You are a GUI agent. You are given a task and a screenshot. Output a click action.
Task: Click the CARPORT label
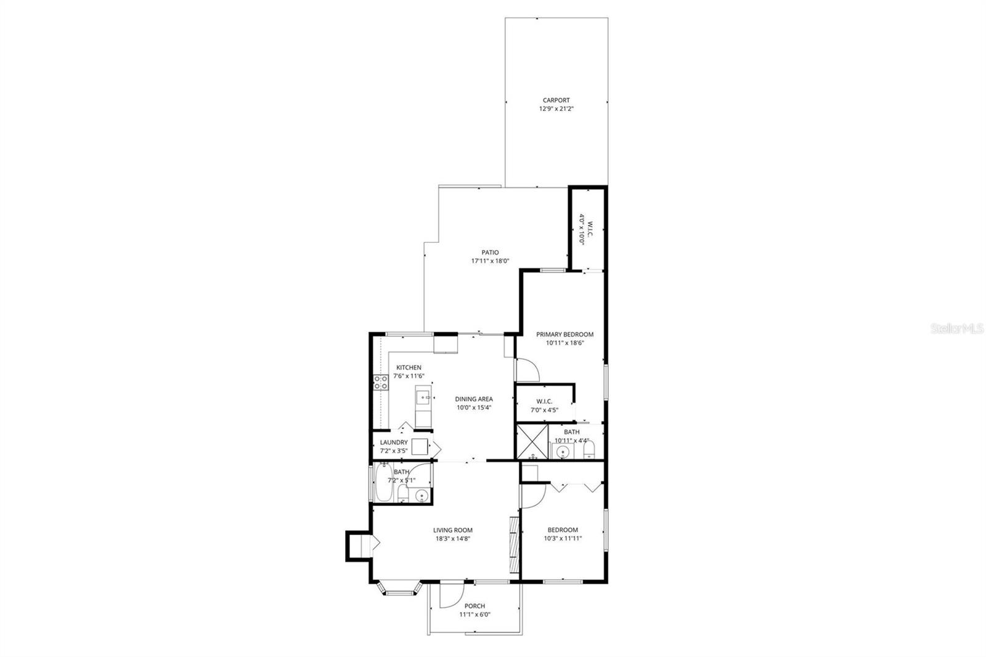[556, 100]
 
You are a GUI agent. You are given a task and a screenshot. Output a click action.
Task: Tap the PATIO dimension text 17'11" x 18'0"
[490, 261]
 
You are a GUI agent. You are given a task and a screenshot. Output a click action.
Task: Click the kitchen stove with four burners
[380, 382]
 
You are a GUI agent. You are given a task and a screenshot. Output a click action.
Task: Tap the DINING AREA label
[473, 399]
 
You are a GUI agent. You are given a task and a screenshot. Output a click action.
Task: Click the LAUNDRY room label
[393, 442]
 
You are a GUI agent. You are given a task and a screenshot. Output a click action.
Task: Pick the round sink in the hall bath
[422, 495]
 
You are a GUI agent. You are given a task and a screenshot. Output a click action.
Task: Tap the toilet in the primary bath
[588, 449]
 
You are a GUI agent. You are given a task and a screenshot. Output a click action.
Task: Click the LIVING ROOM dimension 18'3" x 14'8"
[452, 538]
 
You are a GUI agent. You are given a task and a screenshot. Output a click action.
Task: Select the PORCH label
[475, 606]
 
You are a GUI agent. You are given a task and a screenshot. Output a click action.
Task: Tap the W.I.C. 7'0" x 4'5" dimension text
[544, 410]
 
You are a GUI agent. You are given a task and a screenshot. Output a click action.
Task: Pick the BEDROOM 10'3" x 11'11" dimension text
[563, 538]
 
